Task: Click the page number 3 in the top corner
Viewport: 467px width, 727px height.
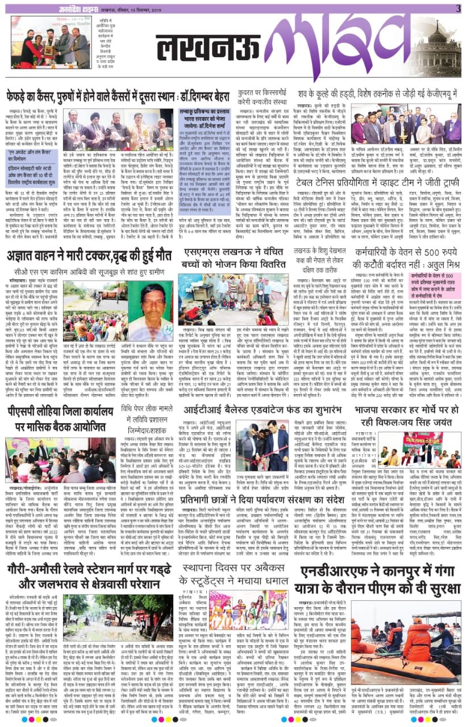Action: [457, 7]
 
